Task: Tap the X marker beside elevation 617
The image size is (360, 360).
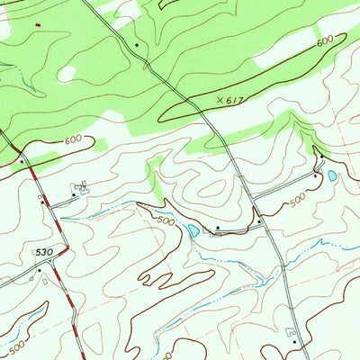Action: click(218, 100)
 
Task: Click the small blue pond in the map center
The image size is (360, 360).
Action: click(193, 231)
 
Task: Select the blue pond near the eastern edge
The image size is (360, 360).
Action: click(331, 176)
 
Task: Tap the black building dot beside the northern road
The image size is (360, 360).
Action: click(136, 44)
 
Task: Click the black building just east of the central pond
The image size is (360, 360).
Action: click(217, 228)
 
